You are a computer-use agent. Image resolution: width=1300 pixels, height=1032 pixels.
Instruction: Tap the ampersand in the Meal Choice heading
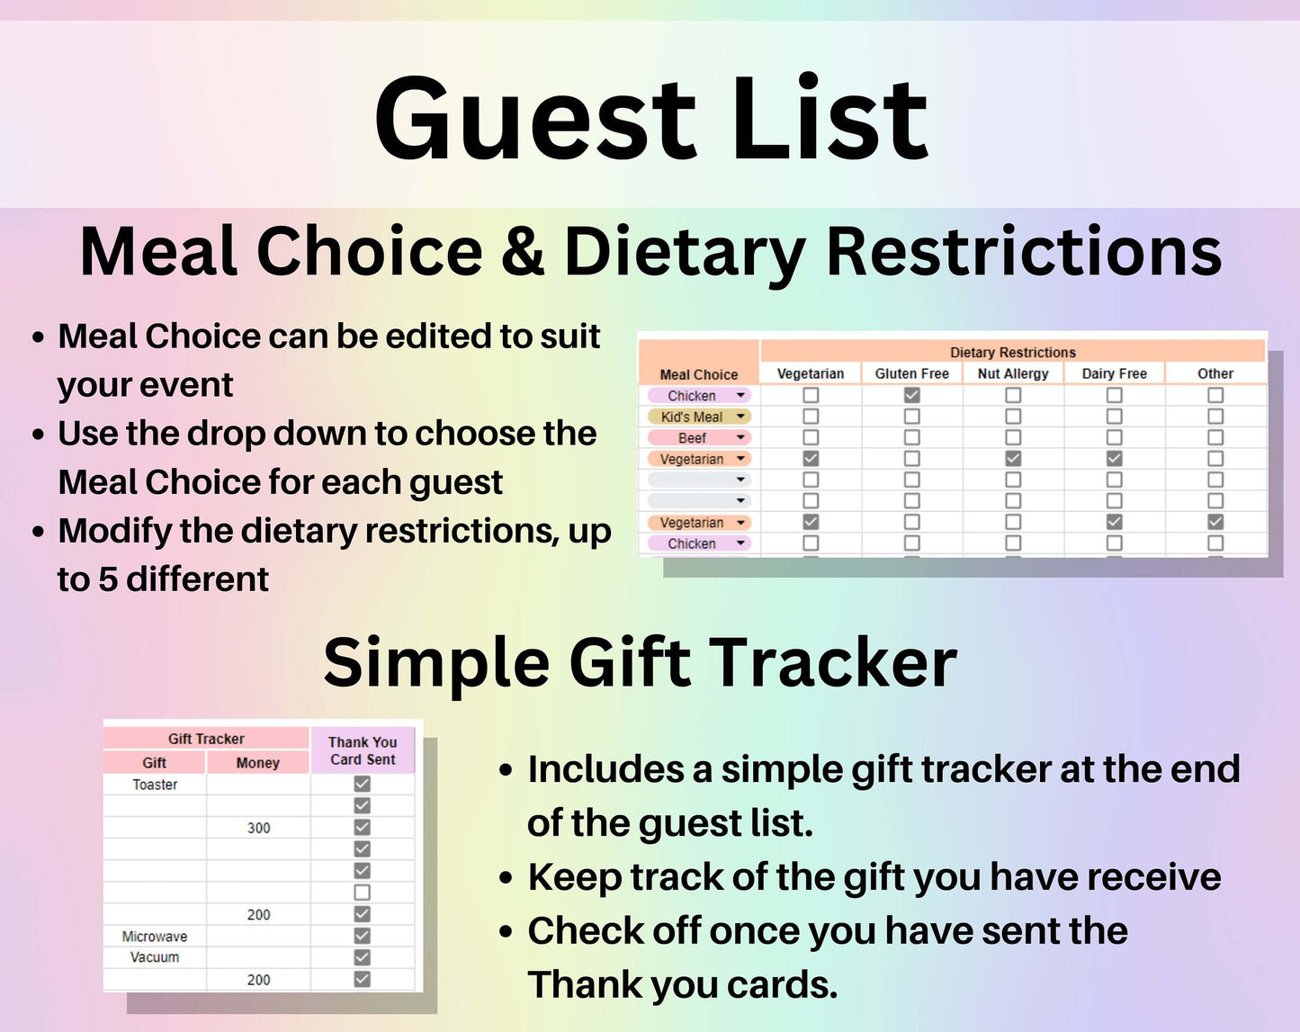pyautogui.click(x=523, y=252)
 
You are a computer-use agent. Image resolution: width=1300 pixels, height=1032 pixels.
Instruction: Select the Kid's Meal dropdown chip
pyautogui.click(x=699, y=417)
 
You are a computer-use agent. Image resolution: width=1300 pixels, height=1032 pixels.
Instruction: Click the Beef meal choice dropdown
pyautogui.click(x=699, y=437)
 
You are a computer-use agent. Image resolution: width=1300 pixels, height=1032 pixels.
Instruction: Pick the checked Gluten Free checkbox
pyautogui.click(x=911, y=395)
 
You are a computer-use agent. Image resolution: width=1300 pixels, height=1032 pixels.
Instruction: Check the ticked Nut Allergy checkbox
pyautogui.click(x=1013, y=459)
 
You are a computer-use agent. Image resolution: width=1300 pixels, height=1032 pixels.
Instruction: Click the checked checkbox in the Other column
pyautogui.click(x=1215, y=522)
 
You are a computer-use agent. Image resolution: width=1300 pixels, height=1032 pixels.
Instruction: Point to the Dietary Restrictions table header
pyautogui.click(x=1013, y=353)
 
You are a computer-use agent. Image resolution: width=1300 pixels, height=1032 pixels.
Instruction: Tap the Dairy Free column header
pyautogui.click(x=1114, y=373)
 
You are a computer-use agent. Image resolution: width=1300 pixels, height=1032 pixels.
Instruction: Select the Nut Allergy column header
pyautogui.click(x=1013, y=373)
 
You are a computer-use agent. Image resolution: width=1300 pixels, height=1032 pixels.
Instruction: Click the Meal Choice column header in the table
pyautogui.click(x=699, y=374)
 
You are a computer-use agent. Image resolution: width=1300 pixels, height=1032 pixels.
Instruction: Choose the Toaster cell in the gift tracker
pyautogui.click(x=156, y=785)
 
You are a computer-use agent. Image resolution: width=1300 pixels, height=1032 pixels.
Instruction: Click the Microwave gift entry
pyautogui.click(x=155, y=936)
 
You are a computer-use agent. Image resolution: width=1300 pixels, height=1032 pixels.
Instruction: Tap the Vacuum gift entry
pyautogui.click(x=155, y=957)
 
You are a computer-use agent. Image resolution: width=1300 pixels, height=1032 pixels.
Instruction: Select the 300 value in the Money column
pyautogui.click(x=258, y=828)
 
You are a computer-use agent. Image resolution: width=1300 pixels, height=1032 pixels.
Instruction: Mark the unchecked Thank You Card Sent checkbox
pyautogui.click(x=362, y=892)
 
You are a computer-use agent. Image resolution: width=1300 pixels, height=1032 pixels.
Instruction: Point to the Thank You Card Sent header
pyautogui.click(x=363, y=750)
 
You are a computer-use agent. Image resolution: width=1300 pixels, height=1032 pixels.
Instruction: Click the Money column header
pyautogui.click(x=258, y=762)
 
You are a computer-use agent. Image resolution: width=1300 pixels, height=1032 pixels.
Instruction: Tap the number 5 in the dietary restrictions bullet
pyautogui.click(x=108, y=579)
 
